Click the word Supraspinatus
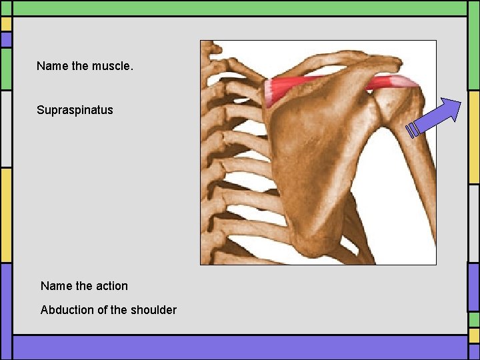click(75, 109)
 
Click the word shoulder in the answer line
click(154, 309)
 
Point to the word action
click(111, 285)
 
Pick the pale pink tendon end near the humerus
click(405, 83)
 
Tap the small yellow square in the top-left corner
click(6, 24)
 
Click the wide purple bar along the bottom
click(240, 347)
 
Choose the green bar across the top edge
click(240, 7)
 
